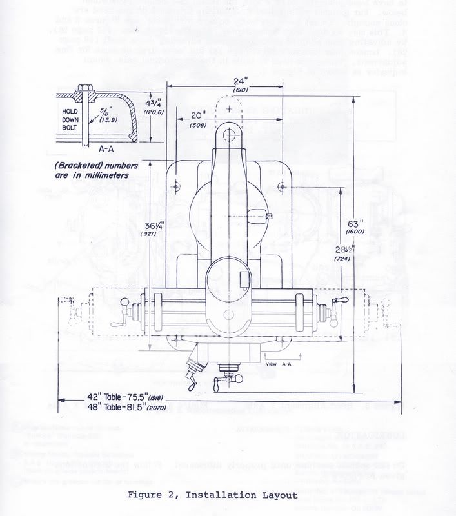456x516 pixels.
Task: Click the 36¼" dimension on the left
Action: [151, 226]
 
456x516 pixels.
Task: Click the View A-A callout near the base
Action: [276, 364]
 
